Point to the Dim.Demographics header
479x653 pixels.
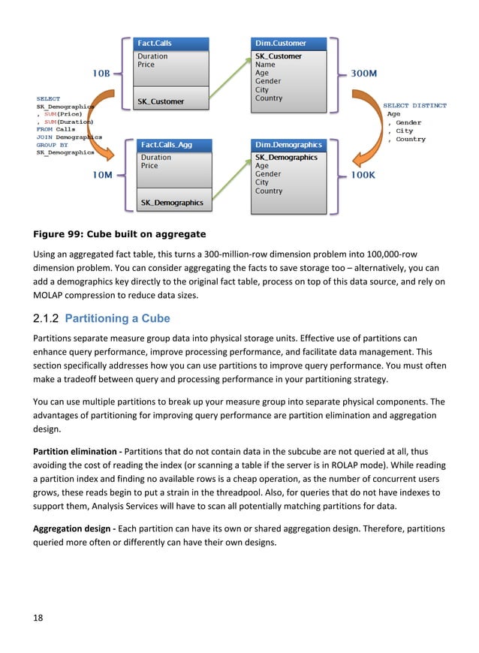[289, 145]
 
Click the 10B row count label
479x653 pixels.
[101, 74]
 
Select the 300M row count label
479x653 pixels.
[364, 74]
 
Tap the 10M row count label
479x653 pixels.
[102, 175]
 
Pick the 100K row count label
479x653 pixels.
[364, 175]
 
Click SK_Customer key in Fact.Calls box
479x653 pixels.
[161, 101]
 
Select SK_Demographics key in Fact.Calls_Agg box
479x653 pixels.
[172, 203]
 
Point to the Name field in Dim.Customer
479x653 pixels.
[265, 65]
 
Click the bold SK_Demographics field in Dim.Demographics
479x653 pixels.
[286, 158]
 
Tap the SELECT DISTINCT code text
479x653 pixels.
[414, 106]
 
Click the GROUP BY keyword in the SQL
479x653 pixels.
[53, 145]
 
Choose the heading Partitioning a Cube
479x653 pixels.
[117, 318]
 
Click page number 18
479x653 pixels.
[38, 618]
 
